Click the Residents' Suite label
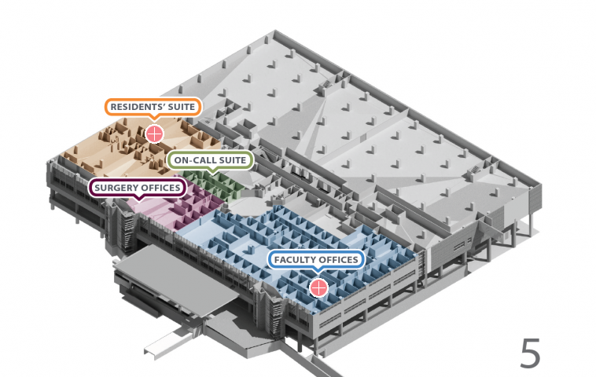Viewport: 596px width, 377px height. coord(153,107)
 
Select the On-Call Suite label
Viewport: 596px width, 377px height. coord(210,161)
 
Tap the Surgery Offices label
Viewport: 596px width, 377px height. coord(138,188)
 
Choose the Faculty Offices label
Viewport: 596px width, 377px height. coord(316,260)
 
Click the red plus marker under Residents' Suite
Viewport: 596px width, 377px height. coord(154,133)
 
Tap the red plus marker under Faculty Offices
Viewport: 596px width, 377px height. coord(318,287)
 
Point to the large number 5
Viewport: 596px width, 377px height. coord(530,353)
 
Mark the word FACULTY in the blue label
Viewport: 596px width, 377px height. coord(295,260)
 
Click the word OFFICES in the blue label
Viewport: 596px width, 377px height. coord(338,260)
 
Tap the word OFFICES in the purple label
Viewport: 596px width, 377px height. coord(162,188)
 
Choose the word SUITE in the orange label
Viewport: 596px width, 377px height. coord(181,107)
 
